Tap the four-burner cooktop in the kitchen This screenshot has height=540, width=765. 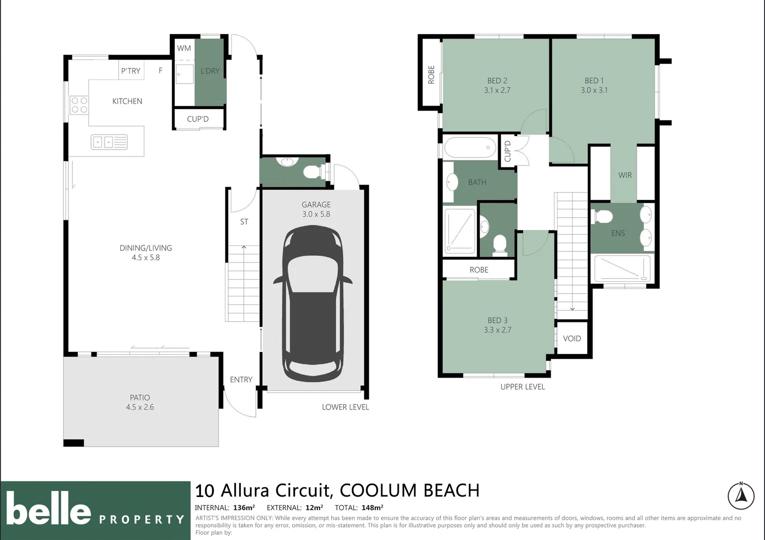[79, 105]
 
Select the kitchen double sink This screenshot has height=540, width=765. [109, 142]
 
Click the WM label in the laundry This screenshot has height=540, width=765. [184, 48]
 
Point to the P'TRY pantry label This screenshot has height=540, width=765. [130, 71]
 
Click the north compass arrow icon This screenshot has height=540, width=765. [741, 496]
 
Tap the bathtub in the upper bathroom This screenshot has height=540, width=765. [469, 147]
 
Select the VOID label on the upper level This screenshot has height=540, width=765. [572, 338]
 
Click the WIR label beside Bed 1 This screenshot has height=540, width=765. [625, 175]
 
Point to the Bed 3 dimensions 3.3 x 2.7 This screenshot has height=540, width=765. [497, 330]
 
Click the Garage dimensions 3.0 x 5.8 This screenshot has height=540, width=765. [316, 214]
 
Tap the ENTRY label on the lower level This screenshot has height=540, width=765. [241, 379]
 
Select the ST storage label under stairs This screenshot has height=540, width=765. [244, 221]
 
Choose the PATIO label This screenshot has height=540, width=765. [140, 397]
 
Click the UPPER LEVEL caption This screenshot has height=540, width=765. [522, 386]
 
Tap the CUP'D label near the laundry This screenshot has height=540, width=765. [197, 119]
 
